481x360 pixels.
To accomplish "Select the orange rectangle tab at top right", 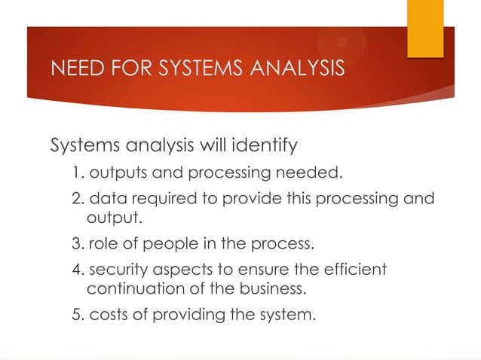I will (425, 27).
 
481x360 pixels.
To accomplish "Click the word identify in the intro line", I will (267, 145).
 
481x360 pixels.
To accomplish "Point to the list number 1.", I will (78, 175).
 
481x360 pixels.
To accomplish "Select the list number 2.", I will (78, 200).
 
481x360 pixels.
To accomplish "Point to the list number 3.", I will (78, 245).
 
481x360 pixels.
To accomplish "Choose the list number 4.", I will (78, 269).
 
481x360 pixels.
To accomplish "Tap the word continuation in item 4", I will (133, 288).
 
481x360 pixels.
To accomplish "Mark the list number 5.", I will (78, 314).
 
